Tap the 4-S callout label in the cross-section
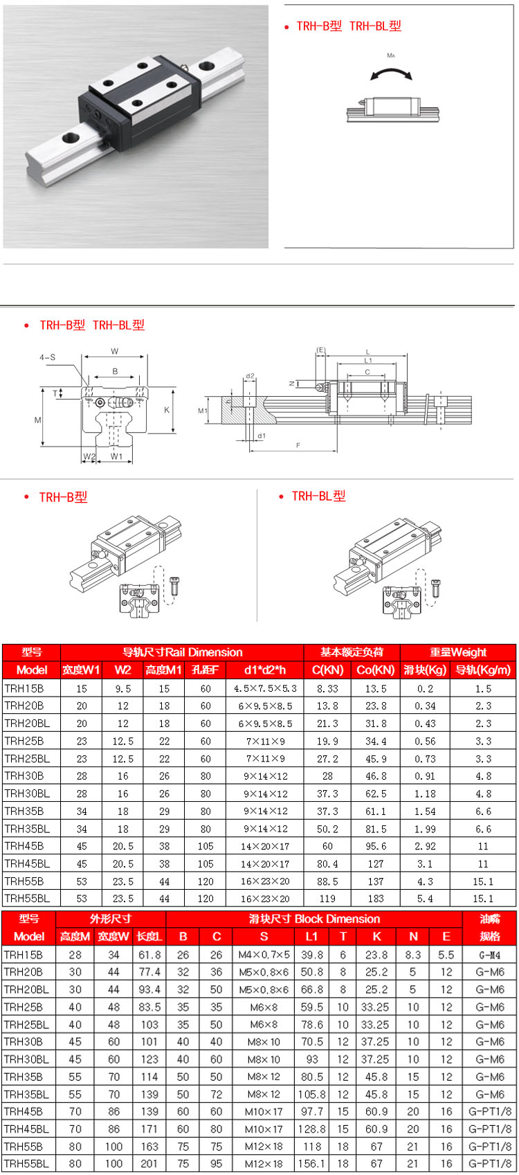tap(47, 357)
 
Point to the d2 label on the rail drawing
tap(250, 377)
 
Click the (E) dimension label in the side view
tap(321, 350)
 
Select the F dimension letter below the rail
tap(298, 445)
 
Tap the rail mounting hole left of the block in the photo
tap(71, 137)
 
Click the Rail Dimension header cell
tap(182, 652)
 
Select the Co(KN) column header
tap(375, 670)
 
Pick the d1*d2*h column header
tap(264, 670)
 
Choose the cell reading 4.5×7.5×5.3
tap(264, 688)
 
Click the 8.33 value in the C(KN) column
tap(327, 688)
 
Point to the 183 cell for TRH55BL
tap(375, 898)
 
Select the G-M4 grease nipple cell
tap(490, 955)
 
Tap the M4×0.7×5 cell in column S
tap(264, 955)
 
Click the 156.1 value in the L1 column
tap(311, 1164)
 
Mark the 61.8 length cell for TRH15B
tap(149, 955)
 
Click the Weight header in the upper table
tap(458, 652)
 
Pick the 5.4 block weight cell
tap(425, 898)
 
